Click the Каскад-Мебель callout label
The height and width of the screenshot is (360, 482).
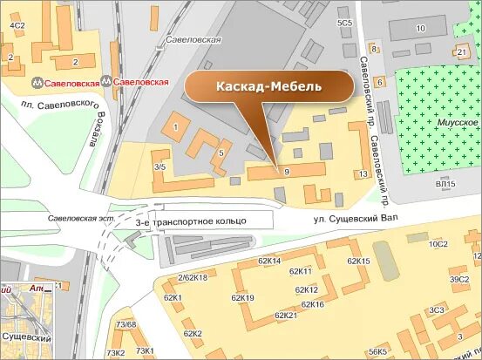tap(269, 87)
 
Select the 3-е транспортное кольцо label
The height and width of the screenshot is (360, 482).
tap(192, 222)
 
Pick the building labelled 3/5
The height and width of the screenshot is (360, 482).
tap(160, 166)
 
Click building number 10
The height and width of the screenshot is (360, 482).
tap(420, 28)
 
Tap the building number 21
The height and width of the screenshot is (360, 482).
tap(461, 52)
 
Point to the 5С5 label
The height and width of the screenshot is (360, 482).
tap(345, 22)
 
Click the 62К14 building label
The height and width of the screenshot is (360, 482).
tap(269, 261)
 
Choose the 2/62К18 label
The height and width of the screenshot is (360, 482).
tap(193, 277)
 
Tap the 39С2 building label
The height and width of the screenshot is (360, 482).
tap(459, 279)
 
